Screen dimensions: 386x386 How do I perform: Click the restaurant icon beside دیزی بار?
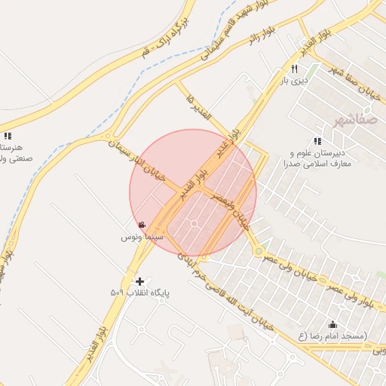[283, 69]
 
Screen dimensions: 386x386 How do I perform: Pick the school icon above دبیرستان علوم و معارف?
[317, 140]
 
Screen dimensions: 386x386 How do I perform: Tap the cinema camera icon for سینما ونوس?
[142, 225]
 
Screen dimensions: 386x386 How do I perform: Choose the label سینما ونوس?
[142, 237]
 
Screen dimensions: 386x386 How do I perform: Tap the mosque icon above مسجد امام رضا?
[332, 324]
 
